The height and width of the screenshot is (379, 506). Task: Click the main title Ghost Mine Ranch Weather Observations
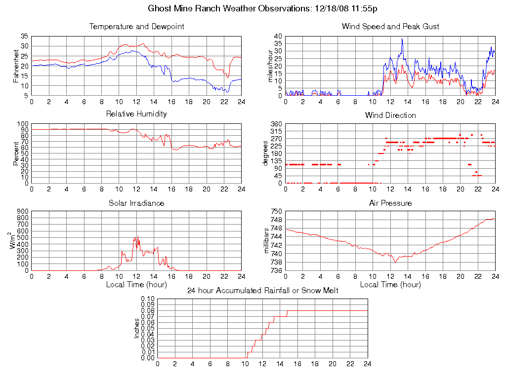coord(263,8)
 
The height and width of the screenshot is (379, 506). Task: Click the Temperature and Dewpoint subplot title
coord(136,27)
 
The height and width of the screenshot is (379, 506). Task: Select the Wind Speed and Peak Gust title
coord(390,27)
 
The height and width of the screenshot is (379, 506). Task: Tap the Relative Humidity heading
coord(136,114)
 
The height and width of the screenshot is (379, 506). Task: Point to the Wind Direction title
coord(390,115)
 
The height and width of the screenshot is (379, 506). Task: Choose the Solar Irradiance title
coord(136,203)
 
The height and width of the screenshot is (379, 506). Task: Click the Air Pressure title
coord(390,203)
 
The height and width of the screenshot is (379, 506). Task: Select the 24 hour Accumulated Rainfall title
coord(262,291)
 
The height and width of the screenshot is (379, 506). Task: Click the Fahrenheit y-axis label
coord(16,66)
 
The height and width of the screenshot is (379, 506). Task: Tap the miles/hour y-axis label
coord(270,66)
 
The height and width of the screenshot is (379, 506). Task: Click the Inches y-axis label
coord(137,328)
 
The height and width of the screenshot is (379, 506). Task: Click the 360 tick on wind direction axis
coord(276,124)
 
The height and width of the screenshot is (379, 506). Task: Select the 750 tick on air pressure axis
coord(276,212)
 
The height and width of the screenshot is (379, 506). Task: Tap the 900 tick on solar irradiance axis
coord(23,212)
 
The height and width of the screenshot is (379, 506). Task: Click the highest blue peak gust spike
coord(402,39)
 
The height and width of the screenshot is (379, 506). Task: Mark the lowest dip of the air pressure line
coord(395,262)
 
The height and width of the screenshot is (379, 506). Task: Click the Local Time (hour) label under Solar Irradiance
coord(136,284)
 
